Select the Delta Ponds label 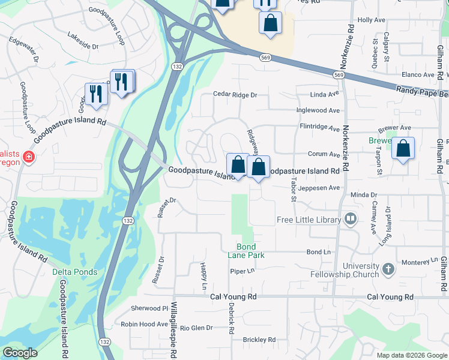(x=75, y=272)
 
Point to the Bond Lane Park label (x=246, y=251)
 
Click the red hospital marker (x=28, y=158)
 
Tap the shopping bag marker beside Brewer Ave (x=403, y=150)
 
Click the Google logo (x=20, y=353)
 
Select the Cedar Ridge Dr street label (x=235, y=95)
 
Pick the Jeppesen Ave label (x=319, y=187)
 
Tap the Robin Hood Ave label (x=145, y=324)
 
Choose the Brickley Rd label (x=259, y=340)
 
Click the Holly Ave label (x=371, y=20)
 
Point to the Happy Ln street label (x=204, y=274)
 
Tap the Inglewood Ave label (x=318, y=110)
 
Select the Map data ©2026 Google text (x=411, y=355)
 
